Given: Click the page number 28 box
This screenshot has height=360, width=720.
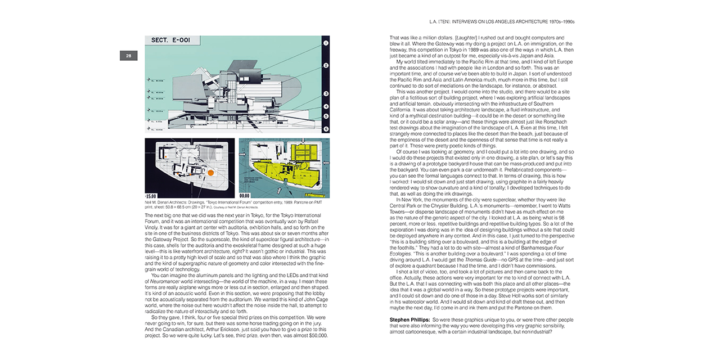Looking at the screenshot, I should (x=128, y=56).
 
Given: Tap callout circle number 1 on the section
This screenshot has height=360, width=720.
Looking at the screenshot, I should (x=326, y=43).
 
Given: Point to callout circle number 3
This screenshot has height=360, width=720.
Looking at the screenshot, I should (x=326, y=94).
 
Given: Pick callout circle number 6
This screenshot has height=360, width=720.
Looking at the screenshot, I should (x=326, y=129).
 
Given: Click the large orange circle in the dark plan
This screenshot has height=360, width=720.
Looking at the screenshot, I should (x=210, y=173).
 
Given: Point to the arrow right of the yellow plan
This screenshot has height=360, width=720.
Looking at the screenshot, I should (x=326, y=166).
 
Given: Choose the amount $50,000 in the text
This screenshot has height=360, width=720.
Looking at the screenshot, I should (x=316, y=335).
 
